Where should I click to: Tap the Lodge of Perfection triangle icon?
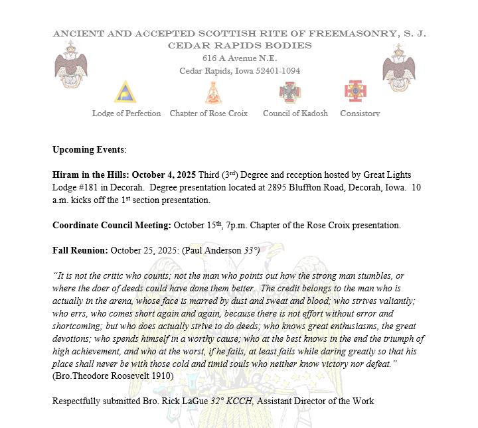125,93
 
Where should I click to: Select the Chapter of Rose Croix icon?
212,93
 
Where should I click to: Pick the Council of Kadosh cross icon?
290,93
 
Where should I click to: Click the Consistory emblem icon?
355,92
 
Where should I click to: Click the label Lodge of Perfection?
126,113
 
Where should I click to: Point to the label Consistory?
360,113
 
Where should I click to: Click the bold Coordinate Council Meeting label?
112,225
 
